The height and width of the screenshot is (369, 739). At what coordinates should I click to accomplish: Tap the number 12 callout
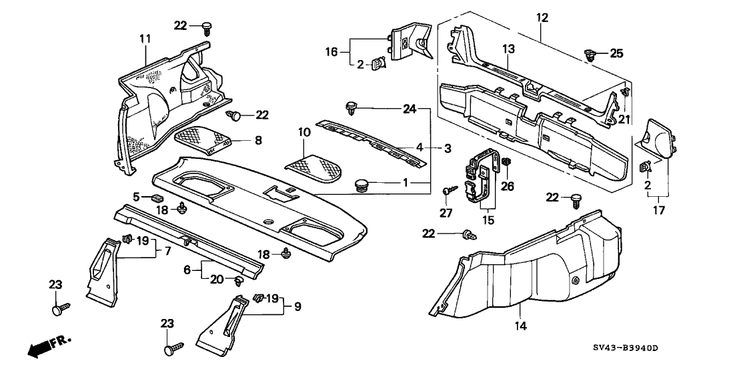(x=542, y=17)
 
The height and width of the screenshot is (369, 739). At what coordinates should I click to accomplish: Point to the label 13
(x=510, y=49)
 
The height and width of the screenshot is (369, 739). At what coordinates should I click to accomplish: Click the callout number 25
(x=616, y=52)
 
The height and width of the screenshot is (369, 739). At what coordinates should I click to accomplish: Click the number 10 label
(x=304, y=133)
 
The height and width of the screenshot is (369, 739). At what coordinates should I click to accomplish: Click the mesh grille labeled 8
(x=201, y=141)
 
